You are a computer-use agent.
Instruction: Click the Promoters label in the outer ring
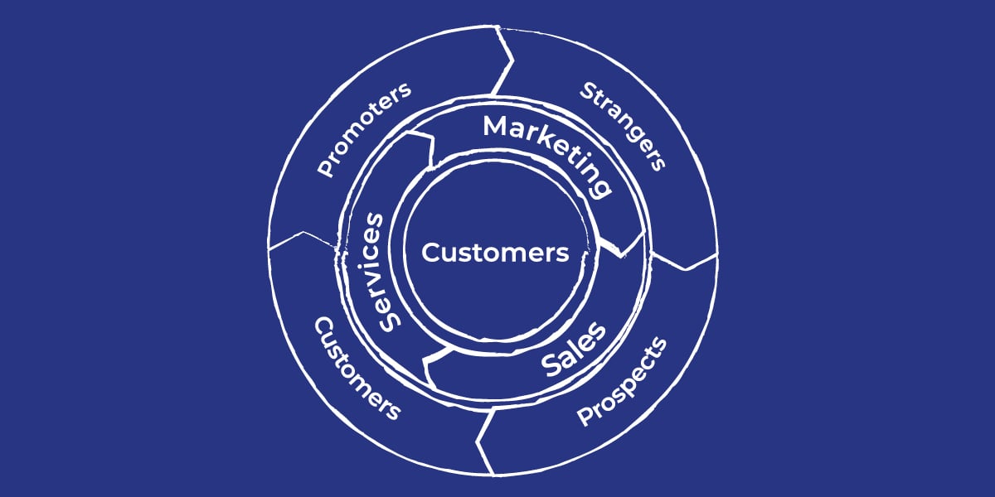pos(365,129)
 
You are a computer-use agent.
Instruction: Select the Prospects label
pos(622,381)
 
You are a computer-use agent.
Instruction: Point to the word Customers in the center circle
pos(495,253)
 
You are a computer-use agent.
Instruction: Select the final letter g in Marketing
pos(601,187)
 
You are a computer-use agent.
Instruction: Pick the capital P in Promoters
pos(325,169)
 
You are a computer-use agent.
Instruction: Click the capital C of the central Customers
pos(430,253)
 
